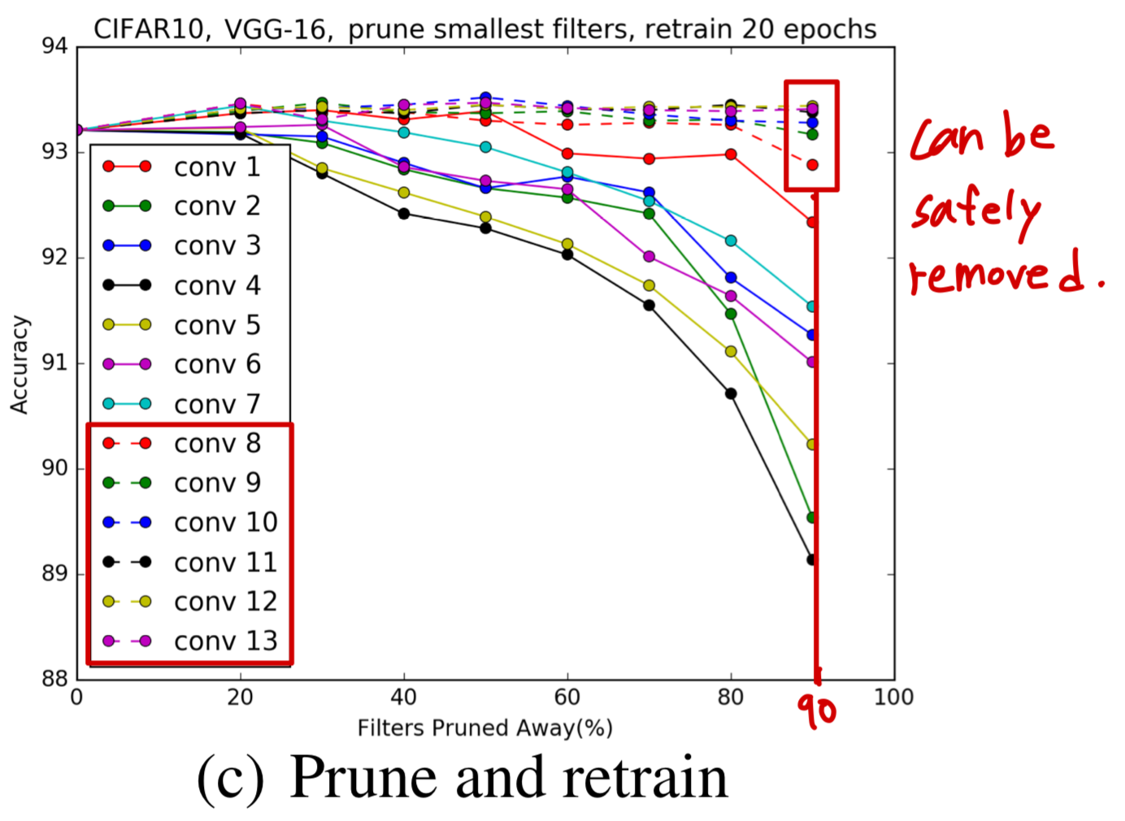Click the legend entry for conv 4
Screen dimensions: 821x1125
coord(217,285)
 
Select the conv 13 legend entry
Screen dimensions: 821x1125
coord(225,641)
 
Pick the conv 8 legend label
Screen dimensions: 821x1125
coord(217,443)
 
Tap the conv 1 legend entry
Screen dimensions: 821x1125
coord(217,167)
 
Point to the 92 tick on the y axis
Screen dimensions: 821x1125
coord(54,258)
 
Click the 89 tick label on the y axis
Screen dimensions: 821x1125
coord(54,574)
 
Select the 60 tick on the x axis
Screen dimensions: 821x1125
coord(567,697)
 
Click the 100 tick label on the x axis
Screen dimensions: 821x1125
coord(893,697)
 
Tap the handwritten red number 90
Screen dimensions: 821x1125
coord(816,710)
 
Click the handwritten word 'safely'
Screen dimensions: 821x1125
coord(975,211)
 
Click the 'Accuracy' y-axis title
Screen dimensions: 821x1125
coord(19,364)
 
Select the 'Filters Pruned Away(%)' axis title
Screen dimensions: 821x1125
coord(485,728)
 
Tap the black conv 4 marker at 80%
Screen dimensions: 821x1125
coord(731,393)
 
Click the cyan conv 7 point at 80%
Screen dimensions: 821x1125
coord(731,241)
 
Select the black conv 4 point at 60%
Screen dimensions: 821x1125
coord(567,254)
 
